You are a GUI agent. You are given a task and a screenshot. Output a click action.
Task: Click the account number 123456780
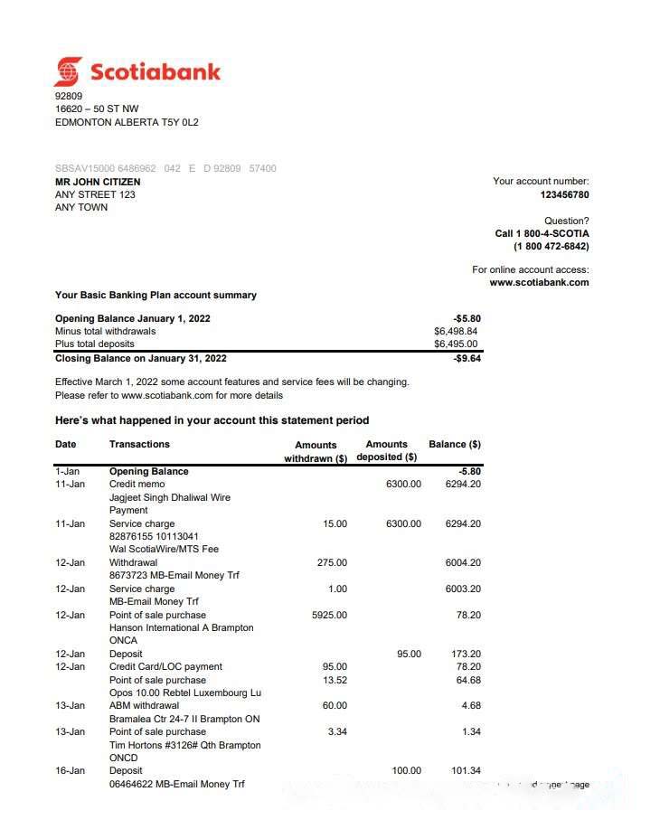tap(564, 194)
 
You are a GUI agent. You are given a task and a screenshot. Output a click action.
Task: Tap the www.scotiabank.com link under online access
tap(539, 282)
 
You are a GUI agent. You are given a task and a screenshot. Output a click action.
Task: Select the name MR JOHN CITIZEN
tap(98, 182)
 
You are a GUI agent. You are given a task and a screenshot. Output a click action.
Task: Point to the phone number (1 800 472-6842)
tap(551, 246)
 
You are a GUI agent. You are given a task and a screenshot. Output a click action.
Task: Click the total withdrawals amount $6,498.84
tap(456, 331)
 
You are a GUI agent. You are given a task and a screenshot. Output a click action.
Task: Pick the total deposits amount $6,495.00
tap(456, 344)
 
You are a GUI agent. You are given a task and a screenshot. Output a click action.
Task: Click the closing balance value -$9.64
tap(467, 358)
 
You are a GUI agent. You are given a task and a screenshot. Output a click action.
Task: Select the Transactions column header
tap(139, 444)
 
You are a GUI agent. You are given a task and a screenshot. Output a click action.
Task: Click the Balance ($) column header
tap(454, 444)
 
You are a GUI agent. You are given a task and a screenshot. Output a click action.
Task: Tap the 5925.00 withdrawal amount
tap(329, 615)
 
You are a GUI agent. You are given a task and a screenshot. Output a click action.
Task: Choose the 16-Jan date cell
tap(70, 770)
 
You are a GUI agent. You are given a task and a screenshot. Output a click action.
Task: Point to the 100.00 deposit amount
tap(406, 770)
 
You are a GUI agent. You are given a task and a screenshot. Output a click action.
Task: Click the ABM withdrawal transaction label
tap(144, 705)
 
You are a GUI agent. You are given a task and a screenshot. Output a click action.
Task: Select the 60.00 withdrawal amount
tap(334, 705)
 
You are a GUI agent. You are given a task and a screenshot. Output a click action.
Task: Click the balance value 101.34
tap(466, 770)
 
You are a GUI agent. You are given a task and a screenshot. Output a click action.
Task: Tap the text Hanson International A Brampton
tap(181, 627)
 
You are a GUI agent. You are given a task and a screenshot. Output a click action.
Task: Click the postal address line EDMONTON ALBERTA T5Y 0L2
tap(127, 122)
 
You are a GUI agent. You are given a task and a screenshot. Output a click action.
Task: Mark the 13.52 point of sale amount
tap(334, 680)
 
